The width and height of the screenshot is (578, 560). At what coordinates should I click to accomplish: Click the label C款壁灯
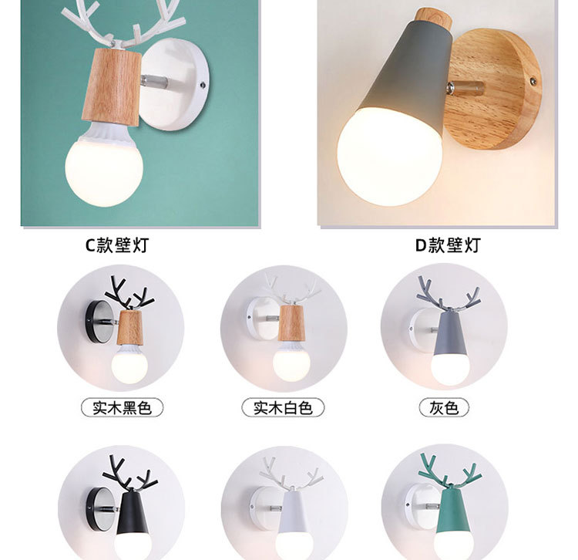pos(116,245)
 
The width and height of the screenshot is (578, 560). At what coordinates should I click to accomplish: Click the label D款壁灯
pos(447,245)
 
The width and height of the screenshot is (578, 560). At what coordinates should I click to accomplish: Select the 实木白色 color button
pos(283,408)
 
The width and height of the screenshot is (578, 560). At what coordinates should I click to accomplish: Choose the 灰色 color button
pos(444,408)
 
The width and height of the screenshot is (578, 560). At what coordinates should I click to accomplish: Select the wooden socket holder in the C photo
pos(113,85)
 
